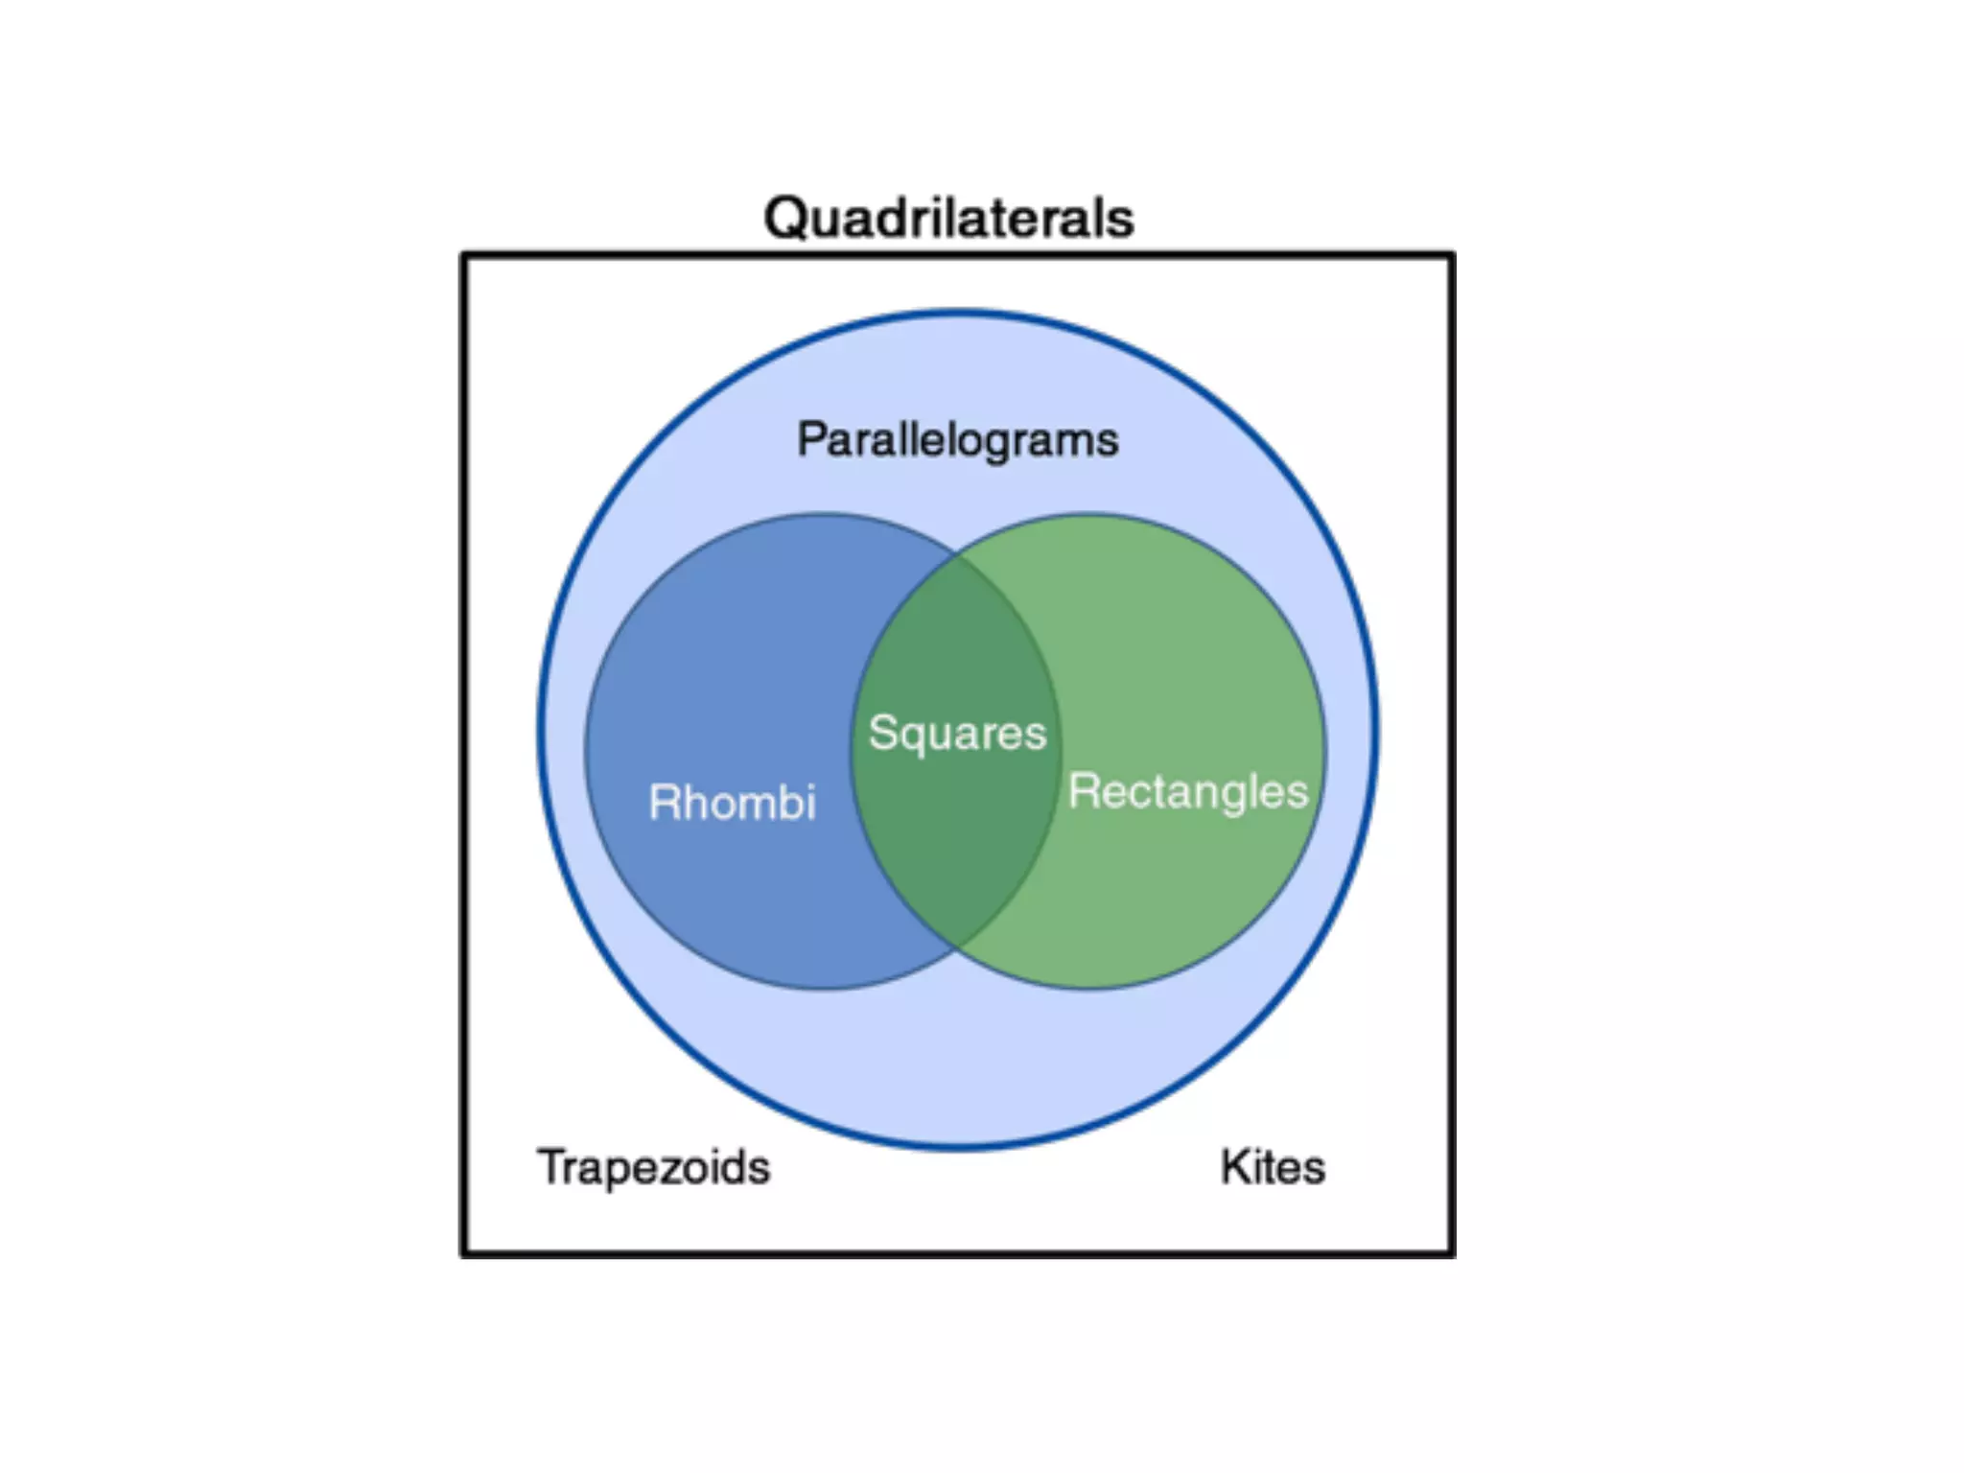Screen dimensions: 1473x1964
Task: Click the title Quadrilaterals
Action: click(x=948, y=219)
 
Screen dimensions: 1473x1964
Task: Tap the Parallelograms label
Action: click(x=957, y=440)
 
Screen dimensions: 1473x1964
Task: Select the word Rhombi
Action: click(x=732, y=802)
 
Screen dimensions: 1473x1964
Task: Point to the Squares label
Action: click(x=957, y=734)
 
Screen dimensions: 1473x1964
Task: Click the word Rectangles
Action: click(x=1187, y=792)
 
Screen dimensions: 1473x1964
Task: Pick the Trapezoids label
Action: click(x=653, y=1167)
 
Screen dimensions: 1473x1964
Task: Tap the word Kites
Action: click(x=1273, y=1167)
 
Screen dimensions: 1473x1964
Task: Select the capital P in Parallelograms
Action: click(x=811, y=440)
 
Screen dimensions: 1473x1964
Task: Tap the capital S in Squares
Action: click(x=882, y=733)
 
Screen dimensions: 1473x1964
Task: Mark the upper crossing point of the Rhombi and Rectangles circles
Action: click(x=956, y=555)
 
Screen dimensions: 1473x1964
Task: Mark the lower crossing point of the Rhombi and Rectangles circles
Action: click(x=956, y=947)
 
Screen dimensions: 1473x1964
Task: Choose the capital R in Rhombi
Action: click(x=664, y=802)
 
